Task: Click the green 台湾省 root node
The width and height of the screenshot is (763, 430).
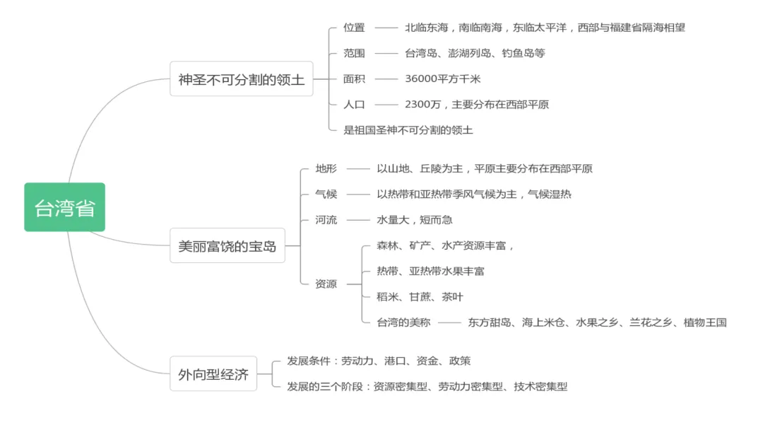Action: click(64, 207)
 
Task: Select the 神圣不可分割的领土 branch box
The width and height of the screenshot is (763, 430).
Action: click(241, 79)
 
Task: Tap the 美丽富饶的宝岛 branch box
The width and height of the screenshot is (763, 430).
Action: click(227, 246)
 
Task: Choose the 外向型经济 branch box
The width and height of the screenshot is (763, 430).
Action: click(213, 374)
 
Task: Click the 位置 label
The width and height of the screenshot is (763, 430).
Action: click(354, 28)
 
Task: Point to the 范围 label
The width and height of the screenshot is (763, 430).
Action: click(354, 53)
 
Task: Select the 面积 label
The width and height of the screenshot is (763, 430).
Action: click(354, 79)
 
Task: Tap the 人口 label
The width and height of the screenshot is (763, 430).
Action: click(354, 104)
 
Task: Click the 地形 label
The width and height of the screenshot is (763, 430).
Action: click(326, 168)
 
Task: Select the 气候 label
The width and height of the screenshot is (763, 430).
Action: click(326, 194)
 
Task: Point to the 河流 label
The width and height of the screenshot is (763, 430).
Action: click(326, 219)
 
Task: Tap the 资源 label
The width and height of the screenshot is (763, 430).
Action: click(326, 284)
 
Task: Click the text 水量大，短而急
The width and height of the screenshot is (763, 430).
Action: click(415, 219)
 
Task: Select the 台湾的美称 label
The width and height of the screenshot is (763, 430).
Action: click(403, 322)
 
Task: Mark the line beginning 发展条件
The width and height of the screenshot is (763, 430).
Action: click(379, 361)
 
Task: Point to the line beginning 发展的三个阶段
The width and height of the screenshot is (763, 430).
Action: click(427, 386)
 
